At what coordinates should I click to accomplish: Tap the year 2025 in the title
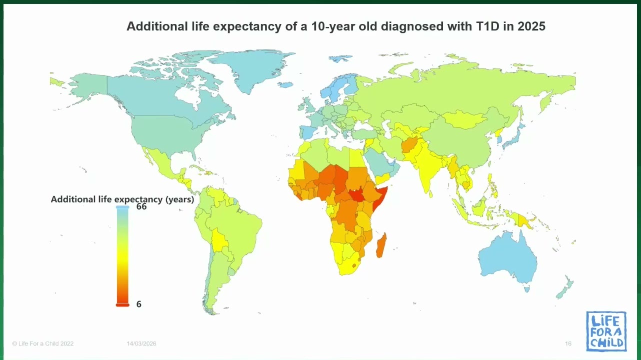[x=531, y=26]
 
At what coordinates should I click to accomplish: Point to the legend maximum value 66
[x=141, y=206]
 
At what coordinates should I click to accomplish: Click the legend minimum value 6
[x=139, y=304]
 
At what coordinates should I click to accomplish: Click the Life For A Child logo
[x=606, y=331]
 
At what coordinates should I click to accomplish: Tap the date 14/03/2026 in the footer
[x=141, y=343]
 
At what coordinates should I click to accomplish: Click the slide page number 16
[x=568, y=343]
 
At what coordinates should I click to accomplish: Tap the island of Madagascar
[x=381, y=245]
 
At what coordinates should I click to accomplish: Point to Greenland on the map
[x=252, y=68]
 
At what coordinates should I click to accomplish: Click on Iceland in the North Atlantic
[x=285, y=84]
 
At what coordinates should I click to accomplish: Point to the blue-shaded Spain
[x=308, y=132]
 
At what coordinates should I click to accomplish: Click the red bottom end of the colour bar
[x=122, y=304]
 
